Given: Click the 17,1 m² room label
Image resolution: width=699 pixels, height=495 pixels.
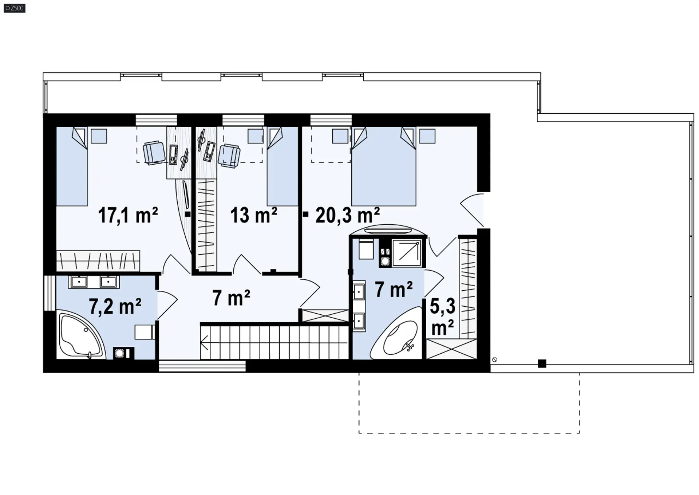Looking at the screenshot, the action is click(128, 215).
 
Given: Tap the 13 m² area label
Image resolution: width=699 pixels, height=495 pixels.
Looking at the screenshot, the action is click(254, 215).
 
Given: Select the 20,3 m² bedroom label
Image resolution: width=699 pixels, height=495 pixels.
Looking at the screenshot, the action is click(348, 215).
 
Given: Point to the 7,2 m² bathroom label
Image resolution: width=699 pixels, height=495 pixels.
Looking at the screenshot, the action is click(115, 306).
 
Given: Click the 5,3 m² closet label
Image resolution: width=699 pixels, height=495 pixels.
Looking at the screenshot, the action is click(443, 317).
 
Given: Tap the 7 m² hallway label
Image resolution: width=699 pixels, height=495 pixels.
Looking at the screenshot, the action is click(231, 298).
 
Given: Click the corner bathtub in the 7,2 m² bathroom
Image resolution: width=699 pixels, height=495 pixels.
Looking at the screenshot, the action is click(81, 334).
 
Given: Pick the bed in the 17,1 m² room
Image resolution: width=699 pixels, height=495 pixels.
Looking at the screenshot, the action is click(72, 166).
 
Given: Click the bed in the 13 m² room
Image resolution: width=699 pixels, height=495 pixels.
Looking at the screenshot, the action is click(283, 166).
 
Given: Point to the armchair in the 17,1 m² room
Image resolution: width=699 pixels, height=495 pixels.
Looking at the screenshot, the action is click(154, 153).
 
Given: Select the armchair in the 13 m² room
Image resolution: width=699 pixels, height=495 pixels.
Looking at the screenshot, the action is click(229, 156).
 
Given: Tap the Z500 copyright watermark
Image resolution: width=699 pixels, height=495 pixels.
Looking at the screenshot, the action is click(15, 8).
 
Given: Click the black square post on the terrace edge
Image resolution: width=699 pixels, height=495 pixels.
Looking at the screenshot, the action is click(542, 364).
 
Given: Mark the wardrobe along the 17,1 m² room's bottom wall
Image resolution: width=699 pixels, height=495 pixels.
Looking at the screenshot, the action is click(98, 260).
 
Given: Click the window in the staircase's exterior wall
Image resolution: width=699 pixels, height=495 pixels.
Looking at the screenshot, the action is click(202, 366).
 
